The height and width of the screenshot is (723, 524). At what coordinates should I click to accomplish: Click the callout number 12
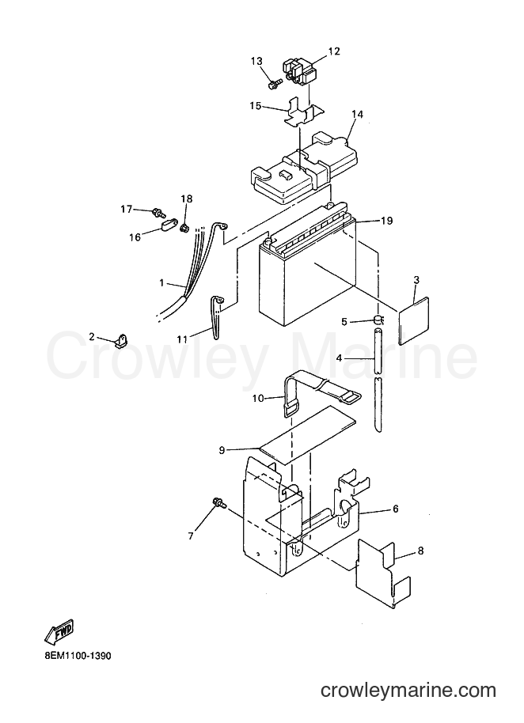333,51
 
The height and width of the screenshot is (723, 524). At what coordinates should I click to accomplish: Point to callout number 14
358,114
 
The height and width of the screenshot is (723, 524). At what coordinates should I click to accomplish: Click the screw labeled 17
158,213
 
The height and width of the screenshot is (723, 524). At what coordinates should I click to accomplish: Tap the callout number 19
387,221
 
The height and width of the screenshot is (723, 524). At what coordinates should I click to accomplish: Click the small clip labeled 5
378,318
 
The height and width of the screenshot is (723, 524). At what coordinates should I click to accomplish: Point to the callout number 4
339,357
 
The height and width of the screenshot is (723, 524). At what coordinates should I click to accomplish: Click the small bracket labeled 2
122,341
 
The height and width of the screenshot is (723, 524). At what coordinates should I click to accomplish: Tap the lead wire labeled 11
215,318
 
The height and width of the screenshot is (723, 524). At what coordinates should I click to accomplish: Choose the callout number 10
258,397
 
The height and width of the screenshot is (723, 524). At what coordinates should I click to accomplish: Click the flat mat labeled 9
308,435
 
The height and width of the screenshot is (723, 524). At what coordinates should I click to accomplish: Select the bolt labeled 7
218,503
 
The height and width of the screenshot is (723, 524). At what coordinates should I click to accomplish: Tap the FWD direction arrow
59,631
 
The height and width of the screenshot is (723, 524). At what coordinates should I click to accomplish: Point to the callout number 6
395,509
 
